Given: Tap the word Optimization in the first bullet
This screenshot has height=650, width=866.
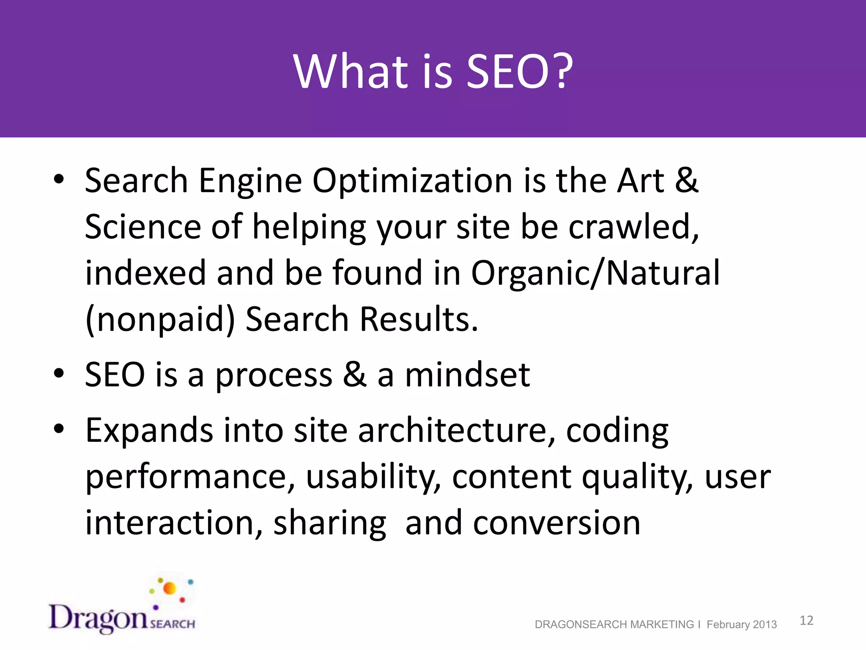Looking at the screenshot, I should tap(413, 182).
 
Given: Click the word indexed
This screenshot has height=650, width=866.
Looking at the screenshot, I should tap(145, 273).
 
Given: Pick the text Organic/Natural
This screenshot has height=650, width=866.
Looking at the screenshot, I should tap(595, 274).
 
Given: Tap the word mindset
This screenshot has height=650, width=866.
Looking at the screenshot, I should tap(467, 375).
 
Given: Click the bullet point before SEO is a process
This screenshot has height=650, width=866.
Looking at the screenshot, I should tap(59, 373).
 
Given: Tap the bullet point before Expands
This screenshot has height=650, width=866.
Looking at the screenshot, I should tap(59, 428).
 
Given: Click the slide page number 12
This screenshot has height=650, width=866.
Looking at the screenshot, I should tap(806, 620).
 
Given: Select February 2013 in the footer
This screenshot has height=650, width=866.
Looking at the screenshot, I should tap(742, 625).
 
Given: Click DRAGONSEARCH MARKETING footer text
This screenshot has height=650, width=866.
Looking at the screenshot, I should tap(614, 625).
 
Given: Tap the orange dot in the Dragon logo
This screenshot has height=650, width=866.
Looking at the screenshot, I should tap(170, 588).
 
